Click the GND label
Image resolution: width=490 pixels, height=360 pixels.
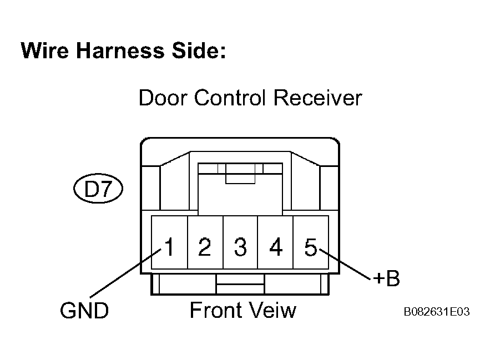[x=84, y=310]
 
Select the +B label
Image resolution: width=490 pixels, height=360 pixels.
[x=387, y=278]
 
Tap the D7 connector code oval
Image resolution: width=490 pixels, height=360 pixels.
[x=98, y=189]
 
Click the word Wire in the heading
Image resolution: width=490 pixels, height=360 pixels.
[x=44, y=50]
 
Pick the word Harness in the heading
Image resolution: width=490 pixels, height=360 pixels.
[x=120, y=50]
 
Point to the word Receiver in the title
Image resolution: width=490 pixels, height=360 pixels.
[x=318, y=98]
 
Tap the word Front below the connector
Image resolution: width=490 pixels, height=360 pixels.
[x=215, y=310]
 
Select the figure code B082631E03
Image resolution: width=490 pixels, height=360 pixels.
[x=437, y=312]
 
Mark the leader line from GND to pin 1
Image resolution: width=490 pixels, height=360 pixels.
[x=125, y=273]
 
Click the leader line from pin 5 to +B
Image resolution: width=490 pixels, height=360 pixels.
[x=345, y=263]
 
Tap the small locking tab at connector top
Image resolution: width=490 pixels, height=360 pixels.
[x=240, y=178]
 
